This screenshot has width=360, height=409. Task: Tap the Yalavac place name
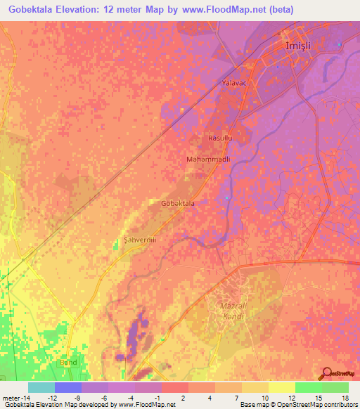[236, 83]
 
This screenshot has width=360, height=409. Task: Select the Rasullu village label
[219, 138]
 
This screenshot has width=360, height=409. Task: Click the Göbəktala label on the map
[178, 203]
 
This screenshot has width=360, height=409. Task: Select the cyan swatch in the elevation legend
[41, 387]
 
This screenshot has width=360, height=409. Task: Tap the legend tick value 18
[345, 398]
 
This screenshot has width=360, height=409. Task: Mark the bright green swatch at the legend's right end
[335, 387]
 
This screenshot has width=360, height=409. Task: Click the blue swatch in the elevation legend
[68, 387]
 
